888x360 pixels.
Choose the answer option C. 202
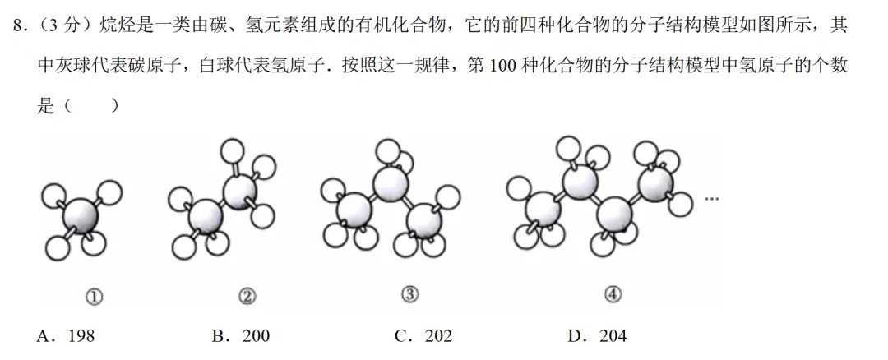pyautogui.click(x=423, y=335)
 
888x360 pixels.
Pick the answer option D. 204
pyautogui.click(x=597, y=335)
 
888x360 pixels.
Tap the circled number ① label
pyautogui.click(x=94, y=297)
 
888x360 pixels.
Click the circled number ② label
pyautogui.click(x=247, y=297)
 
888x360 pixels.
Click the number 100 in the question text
pyautogui.click(x=502, y=66)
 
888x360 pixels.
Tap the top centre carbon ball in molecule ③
pyautogui.click(x=391, y=182)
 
